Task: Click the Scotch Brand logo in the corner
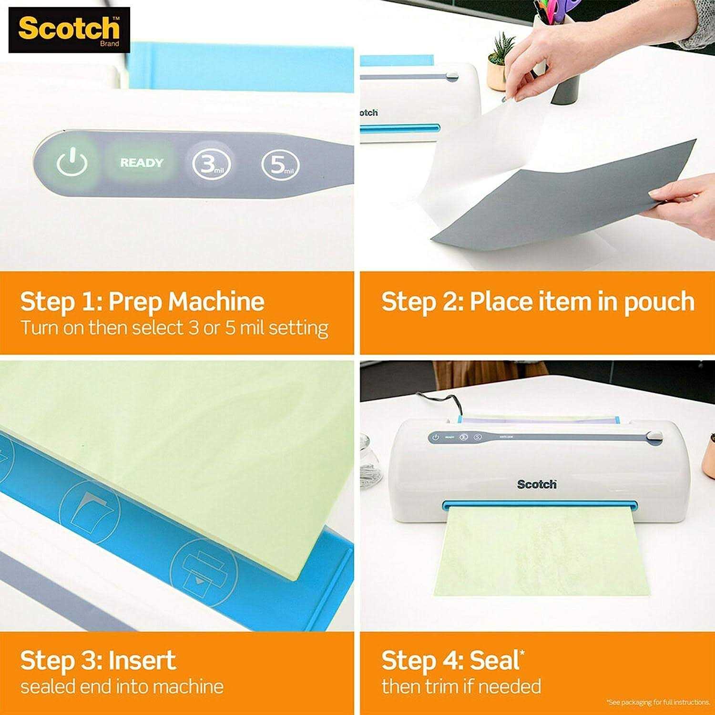69,30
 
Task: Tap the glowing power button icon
72,163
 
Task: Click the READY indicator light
141,163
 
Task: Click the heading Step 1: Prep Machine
142,302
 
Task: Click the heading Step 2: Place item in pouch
538,302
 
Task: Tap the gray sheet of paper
562,200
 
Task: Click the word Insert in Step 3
142,661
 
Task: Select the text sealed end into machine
122,686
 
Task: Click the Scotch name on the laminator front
537,484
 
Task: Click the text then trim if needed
461,686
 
